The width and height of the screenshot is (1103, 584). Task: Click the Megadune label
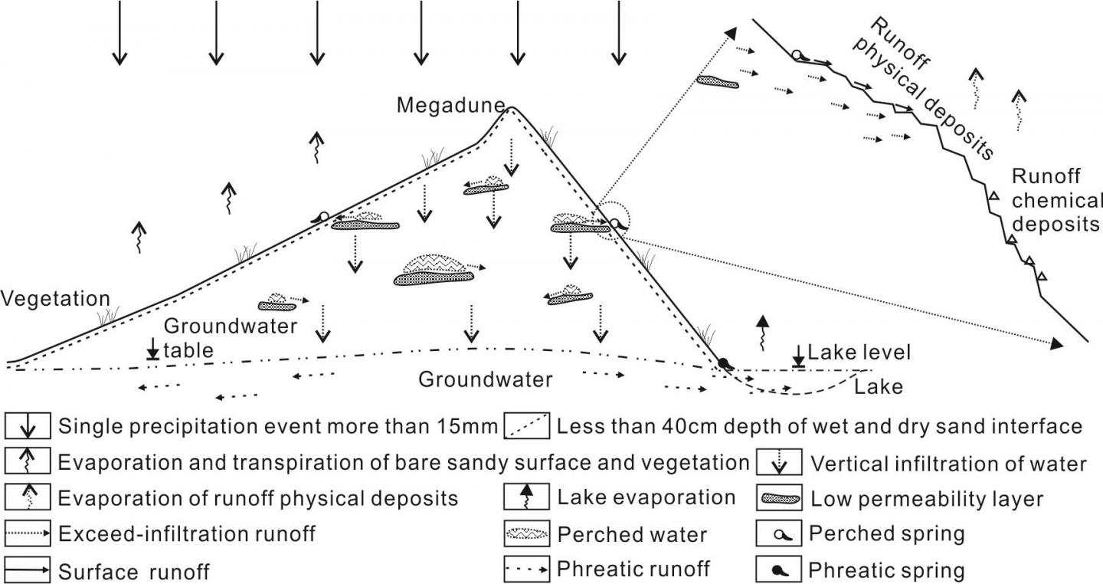450,104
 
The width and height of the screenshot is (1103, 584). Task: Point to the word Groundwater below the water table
486,379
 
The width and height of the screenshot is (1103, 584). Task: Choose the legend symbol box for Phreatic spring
780,569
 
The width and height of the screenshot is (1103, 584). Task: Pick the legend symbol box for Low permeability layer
780,499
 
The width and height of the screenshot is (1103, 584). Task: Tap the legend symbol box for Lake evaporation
526,497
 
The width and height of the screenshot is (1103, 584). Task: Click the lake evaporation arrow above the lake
761,330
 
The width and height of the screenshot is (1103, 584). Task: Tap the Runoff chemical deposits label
1056,200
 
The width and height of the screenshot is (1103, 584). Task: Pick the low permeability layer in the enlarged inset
717,81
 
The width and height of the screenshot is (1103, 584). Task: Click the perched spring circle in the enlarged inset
797,55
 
